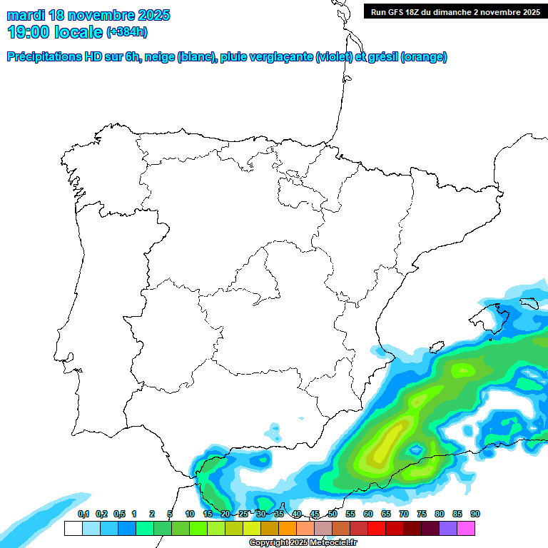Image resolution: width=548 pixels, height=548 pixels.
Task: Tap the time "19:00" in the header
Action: click(29, 31)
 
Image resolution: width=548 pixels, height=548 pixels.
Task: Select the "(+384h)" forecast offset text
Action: click(126, 31)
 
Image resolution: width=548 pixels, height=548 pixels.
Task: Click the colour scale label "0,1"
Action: click(83, 514)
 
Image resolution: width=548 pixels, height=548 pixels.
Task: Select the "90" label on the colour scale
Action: click(475, 514)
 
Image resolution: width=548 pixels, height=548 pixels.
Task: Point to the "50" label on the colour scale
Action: click(333, 514)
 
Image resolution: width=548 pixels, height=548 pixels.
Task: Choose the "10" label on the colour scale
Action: click(190, 514)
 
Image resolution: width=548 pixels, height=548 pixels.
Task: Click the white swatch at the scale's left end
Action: click(73, 528)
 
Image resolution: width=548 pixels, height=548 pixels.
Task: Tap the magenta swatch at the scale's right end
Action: click(466, 528)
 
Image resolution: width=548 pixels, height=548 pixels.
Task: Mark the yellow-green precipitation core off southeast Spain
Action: click(385, 446)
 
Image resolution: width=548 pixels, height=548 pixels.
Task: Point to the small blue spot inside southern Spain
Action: click(274, 431)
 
